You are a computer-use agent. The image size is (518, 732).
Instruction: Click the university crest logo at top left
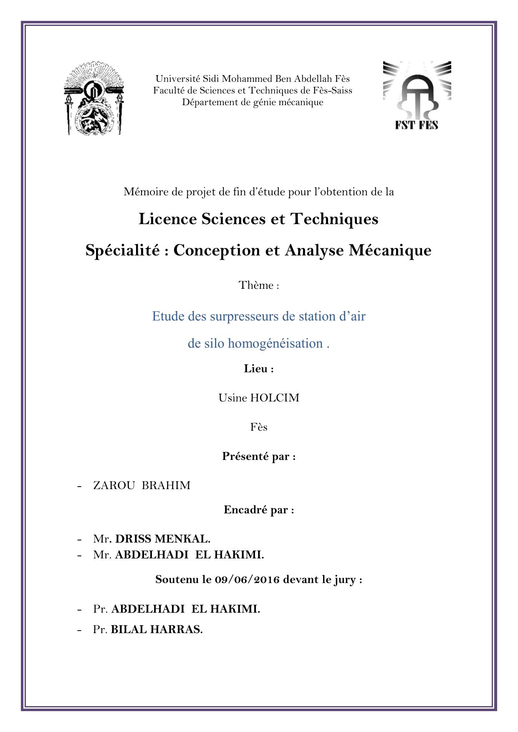coord(94,99)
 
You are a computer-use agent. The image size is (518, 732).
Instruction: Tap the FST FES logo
coord(417,96)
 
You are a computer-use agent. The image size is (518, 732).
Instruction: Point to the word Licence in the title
coord(168,219)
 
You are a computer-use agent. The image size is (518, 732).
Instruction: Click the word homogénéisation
coord(275,343)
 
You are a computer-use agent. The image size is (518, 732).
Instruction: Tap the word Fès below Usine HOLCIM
coord(259,427)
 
